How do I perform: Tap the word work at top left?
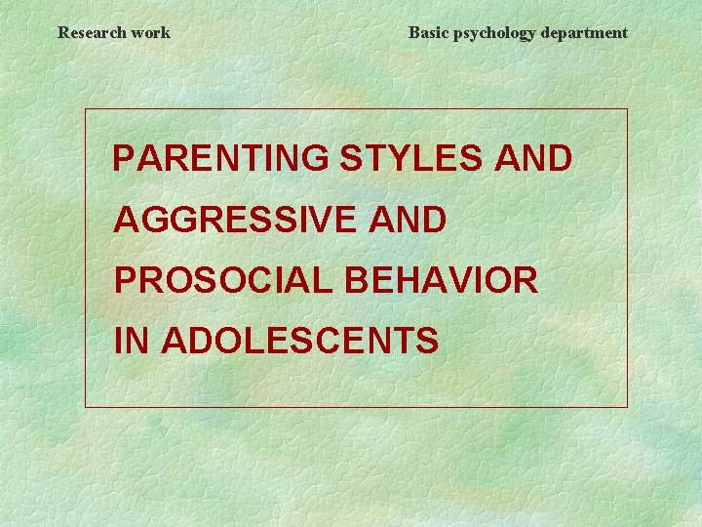point(151,32)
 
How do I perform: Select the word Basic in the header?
point(426,32)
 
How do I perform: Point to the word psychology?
point(490,33)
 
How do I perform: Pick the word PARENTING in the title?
point(220,159)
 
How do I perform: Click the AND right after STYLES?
point(532,159)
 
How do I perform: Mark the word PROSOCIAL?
point(226,280)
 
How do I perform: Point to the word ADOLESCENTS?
point(299,341)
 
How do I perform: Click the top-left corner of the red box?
point(86,109)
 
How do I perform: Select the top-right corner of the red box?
point(627,109)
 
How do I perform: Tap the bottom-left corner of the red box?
point(86,406)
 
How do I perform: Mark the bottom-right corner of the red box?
point(627,406)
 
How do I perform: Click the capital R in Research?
point(63,32)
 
